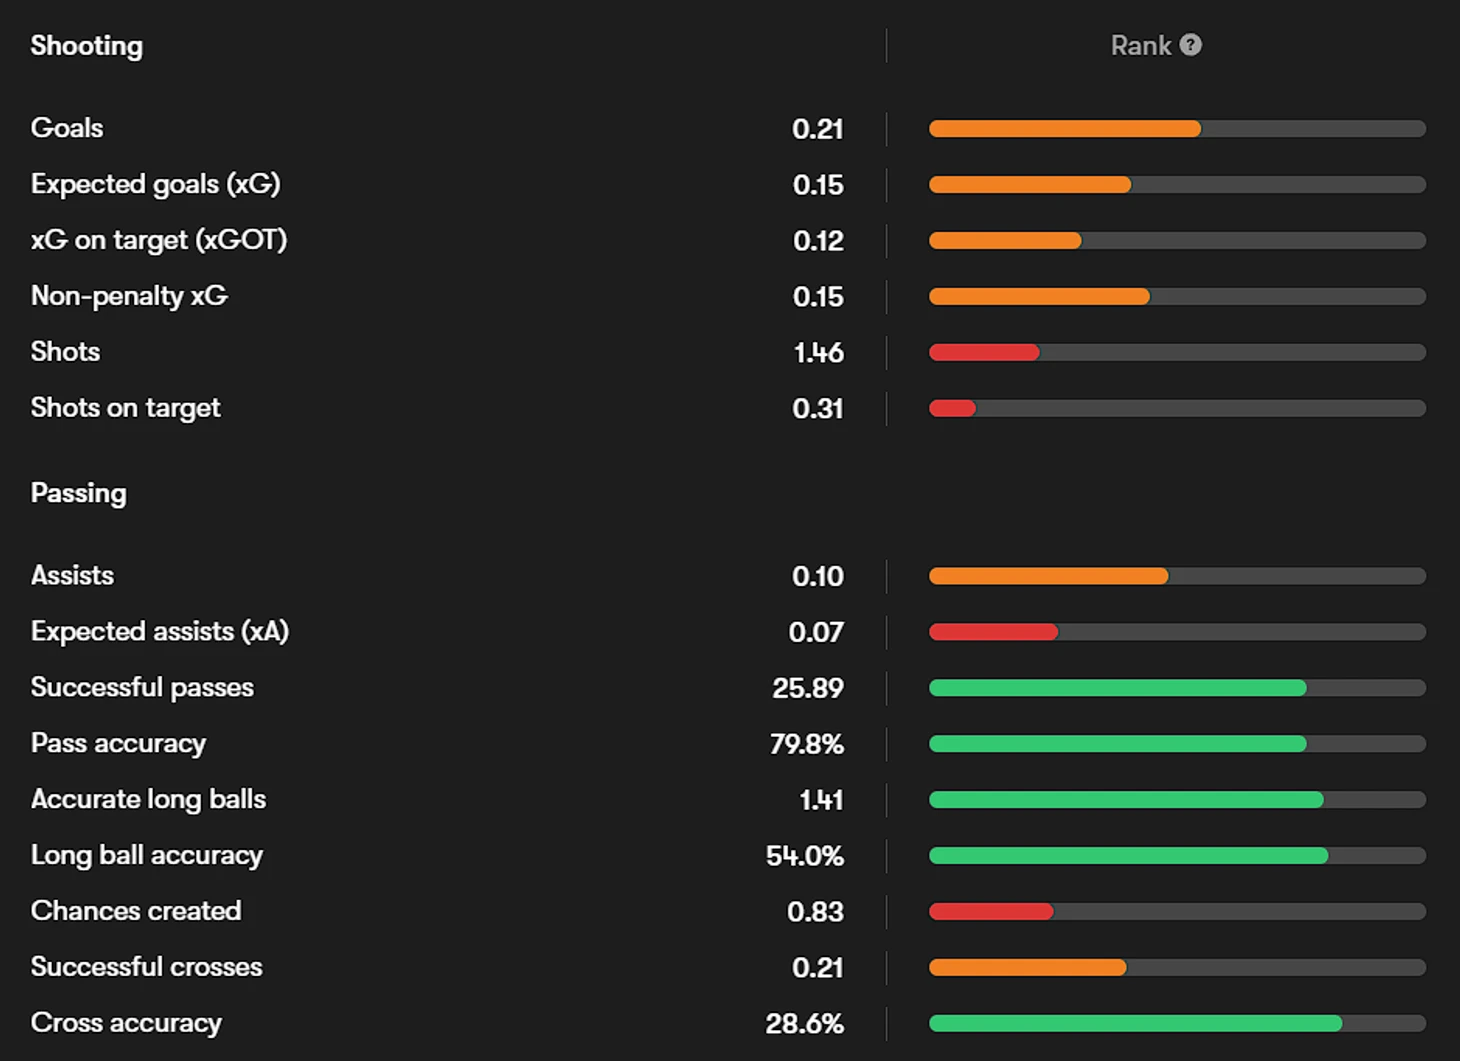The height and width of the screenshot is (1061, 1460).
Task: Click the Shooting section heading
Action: [87, 46]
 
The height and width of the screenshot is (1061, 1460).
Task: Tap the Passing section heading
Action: [79, 493]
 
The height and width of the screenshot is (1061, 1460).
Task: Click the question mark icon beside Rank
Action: [1190, 45]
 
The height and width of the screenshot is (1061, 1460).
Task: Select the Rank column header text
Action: [1140, 46]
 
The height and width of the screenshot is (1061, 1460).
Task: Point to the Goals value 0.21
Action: [817, 129]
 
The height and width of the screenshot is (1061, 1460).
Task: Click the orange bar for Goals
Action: [1064, 129]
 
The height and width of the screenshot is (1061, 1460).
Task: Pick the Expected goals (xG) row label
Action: [155, 184]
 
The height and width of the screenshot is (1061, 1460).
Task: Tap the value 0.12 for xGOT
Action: [817, 241]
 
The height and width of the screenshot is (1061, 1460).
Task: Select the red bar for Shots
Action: [984, 352]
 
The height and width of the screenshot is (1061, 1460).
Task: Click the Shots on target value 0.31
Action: [817, 408]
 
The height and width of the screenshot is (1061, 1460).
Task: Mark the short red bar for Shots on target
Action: [952, 408]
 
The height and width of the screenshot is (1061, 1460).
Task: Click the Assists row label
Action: [72, 575]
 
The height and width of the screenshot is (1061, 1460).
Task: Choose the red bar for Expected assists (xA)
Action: [993, 632]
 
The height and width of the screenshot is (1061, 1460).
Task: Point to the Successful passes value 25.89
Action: [807, 688]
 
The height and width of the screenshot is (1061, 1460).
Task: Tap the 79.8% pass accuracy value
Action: [806, 744]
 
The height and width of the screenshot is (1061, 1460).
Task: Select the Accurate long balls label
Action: [148, 799]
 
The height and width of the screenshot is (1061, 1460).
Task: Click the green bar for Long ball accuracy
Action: [1128, 856]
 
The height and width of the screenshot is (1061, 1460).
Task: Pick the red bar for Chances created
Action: [991, 912]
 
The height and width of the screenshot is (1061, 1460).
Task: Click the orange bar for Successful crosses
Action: [1027, 967]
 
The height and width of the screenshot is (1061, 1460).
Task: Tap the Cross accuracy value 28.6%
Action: [804, 1024]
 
